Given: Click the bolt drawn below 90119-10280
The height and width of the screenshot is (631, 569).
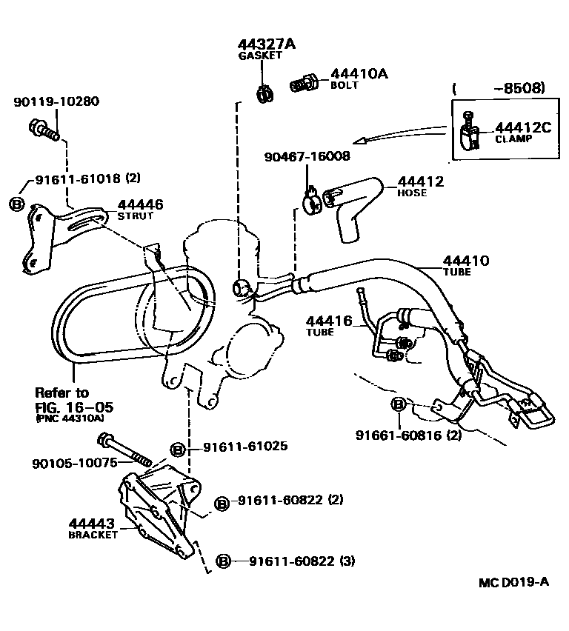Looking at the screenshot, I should click(x=44, y=131).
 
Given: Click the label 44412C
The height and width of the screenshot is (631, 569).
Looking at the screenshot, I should click(x=523, y=127).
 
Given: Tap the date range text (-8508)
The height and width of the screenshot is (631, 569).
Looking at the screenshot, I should click(x=499, y=88).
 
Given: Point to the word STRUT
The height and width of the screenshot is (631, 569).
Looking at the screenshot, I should click(x=136, y=216).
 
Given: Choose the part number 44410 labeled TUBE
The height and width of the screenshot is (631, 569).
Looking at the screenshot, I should click(x=466, y=260).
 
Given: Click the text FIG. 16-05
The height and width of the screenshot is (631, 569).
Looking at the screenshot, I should click(x=75, y=407).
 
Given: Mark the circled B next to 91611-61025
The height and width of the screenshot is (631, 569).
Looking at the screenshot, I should click(x=178, y=448).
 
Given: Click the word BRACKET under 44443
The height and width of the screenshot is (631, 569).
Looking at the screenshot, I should click(x=93, y=535).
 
